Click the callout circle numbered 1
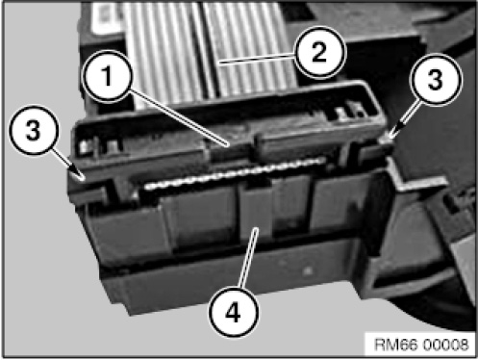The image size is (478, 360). point(107,75)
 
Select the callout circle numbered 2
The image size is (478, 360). point(319,52)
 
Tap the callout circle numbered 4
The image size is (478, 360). point(233,312)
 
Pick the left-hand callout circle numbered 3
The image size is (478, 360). point(34,130)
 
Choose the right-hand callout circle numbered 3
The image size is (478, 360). point(436,79)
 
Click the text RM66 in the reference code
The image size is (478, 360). point(396,346)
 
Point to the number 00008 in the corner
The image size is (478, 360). point(445,346)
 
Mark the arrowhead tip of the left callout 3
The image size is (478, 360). point(84,180)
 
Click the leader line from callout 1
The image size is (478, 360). point(178,118)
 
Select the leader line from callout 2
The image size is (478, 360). point(257,60)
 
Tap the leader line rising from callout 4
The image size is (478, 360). point(248,257)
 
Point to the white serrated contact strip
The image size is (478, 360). point(233,174)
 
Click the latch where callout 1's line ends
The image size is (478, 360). point(231,148)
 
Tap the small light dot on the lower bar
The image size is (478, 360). point(307,270)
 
